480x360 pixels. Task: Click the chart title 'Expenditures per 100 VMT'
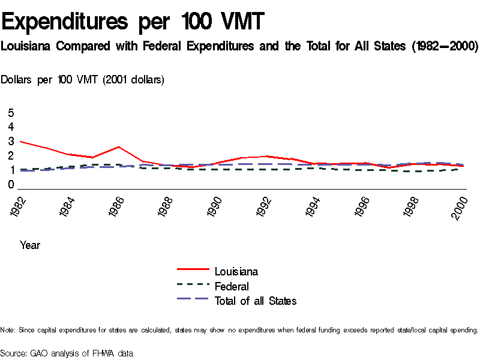133,22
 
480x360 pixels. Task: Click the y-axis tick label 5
11,113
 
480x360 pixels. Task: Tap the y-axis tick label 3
11,142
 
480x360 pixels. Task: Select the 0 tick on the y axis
11,185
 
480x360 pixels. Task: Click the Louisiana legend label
236,272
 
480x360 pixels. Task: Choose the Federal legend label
232,286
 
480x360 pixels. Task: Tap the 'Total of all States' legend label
256,301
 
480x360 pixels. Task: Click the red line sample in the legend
193,270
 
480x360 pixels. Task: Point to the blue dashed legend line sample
193,299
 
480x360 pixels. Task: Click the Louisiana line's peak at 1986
119,146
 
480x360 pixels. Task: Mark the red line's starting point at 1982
21,142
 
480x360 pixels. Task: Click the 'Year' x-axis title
30,245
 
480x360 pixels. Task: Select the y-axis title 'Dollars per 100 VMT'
83,79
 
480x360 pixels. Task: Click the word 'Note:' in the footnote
8,330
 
